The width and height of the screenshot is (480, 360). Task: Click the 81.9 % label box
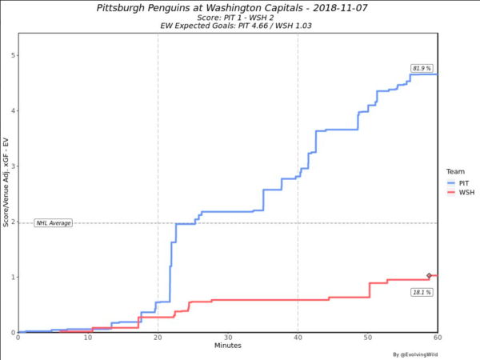pyautogui.click(x=422, y=68)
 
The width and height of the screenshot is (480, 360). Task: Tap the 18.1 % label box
pyautogui.click(x=422, y=293)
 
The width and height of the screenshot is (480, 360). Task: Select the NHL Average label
pyautogui.click(x=53, y=222)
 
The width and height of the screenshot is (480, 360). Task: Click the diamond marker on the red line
pyautogui.click(x=429, y=275)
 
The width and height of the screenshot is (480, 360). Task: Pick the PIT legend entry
pyautogui.click(x=460, y=182)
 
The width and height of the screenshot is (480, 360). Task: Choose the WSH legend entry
pyautogui.click(x=460, y=193)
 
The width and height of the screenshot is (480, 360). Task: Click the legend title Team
pyautogui.click(x=454, y=170)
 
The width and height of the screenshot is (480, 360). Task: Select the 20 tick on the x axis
pyautogui.click(x=158, y=338)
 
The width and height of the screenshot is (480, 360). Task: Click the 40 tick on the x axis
pyautogui.click(x=298, y=338)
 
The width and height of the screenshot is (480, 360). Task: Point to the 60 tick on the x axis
pyautogui.click(x=438, y=338)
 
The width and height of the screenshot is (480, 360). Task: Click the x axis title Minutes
pyautogui.click(x=228, y=346)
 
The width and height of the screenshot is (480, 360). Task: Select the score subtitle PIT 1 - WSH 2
pyautogui.click(x=228, y=17)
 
